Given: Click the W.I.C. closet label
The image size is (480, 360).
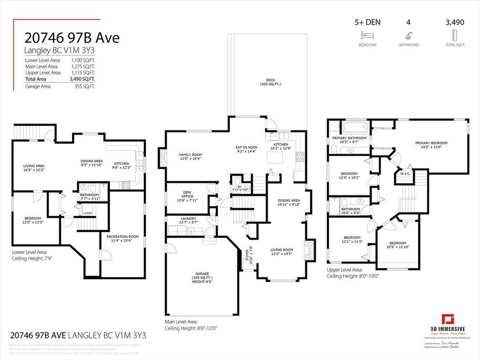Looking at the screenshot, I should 405,174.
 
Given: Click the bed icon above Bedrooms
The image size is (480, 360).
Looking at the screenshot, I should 366,35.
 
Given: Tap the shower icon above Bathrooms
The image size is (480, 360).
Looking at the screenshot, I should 409,35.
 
